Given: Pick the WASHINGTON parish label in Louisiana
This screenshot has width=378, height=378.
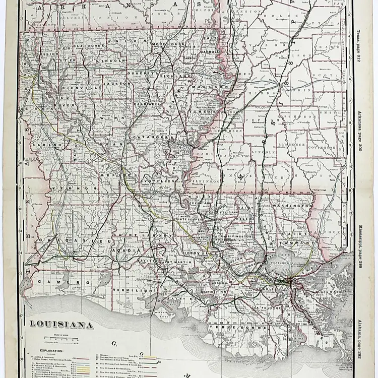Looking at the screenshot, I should [291, 206].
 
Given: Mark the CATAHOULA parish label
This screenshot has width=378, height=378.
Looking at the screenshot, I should [153, 137].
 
